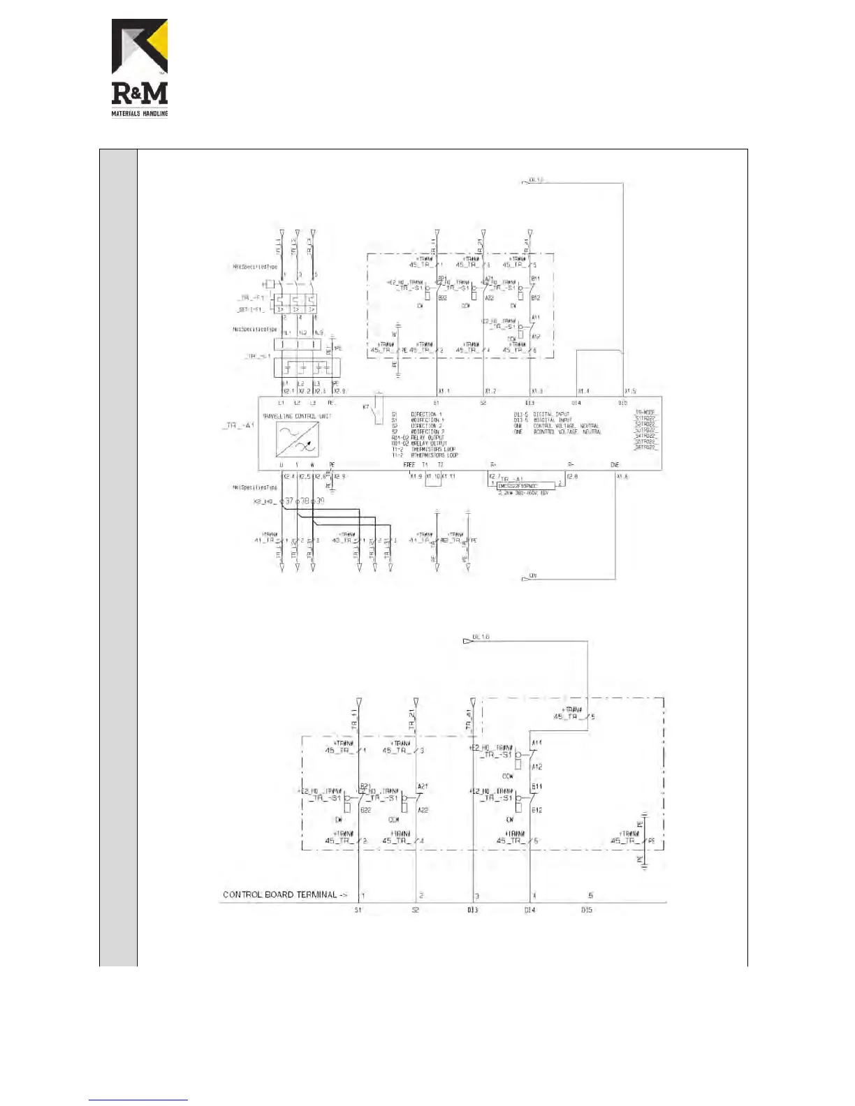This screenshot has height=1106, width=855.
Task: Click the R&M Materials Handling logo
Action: point(140,68)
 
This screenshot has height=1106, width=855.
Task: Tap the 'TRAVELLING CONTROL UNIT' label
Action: point(297,416)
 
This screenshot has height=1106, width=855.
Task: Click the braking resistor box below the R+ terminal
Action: point(527,485)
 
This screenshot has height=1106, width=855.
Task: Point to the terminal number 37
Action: point(288,501)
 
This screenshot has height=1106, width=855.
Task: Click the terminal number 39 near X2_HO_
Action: point(320,501)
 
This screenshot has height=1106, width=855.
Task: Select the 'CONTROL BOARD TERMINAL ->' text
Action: point(285,894)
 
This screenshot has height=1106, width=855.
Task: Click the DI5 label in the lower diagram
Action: point(587,910)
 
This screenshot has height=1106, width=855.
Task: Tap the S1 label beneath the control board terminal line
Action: point(358,910)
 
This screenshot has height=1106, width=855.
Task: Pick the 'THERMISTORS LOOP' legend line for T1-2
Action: point(433,449)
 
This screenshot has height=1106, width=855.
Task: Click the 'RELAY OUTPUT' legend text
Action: point(427,438)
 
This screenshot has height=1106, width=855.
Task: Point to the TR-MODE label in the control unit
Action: point(645,413)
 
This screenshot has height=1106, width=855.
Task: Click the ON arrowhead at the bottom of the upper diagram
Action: point(526,579)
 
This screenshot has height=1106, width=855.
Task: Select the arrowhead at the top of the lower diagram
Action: point(468,640)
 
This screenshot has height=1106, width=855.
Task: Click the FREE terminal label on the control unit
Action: point(409,464)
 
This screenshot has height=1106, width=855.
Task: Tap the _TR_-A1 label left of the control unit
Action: point(239,425)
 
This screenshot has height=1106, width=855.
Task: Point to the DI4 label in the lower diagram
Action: point(530,910)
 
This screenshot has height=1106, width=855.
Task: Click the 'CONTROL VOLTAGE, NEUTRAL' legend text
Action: point(566,426)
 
